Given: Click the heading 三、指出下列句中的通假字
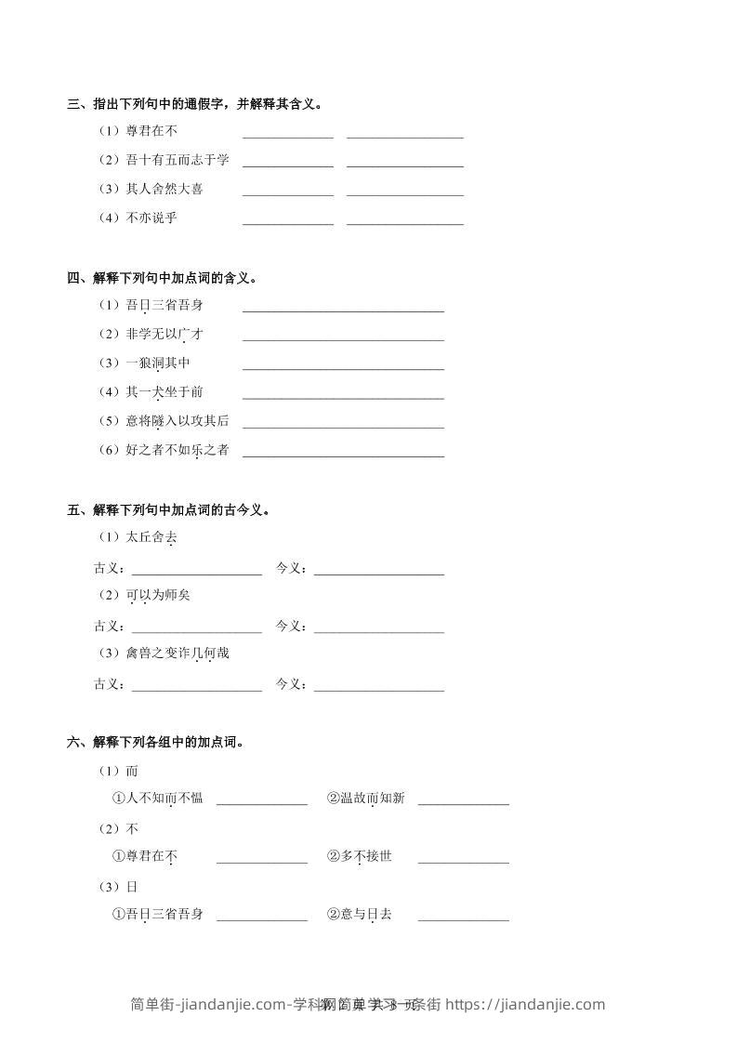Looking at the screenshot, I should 195,104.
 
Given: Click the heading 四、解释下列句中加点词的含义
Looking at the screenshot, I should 162,277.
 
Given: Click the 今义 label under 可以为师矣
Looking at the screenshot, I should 291,626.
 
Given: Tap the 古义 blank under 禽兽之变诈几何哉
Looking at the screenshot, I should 197,688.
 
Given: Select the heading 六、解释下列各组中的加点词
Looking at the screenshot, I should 155,742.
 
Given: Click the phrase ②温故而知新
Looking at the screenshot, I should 365,798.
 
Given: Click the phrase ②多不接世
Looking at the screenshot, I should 359,856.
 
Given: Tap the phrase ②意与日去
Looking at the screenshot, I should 359,914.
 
